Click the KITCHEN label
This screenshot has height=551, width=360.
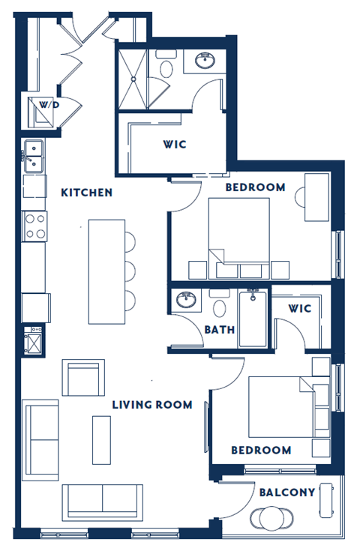86,193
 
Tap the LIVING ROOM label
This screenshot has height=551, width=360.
151,405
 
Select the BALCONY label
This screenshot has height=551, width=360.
286,493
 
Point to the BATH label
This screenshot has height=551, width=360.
220,329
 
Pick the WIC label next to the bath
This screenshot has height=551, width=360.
299,308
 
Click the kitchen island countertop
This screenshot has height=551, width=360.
105,271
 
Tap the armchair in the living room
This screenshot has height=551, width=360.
82,378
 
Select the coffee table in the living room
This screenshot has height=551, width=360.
101,439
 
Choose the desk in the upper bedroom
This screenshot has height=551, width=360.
316,196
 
